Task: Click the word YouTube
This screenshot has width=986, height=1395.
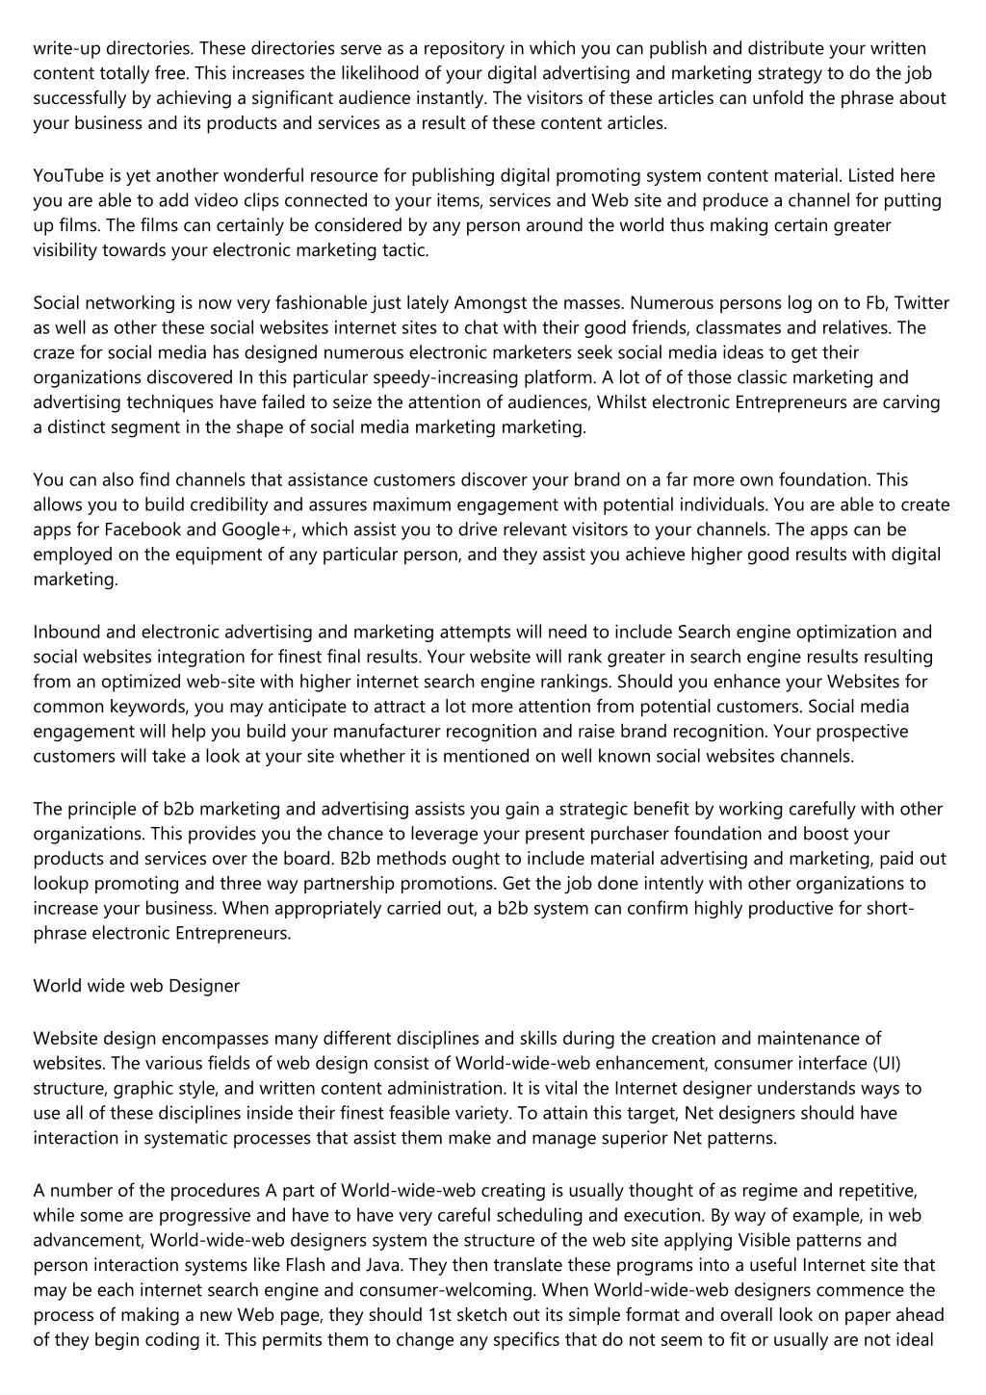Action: click(65, 175)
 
